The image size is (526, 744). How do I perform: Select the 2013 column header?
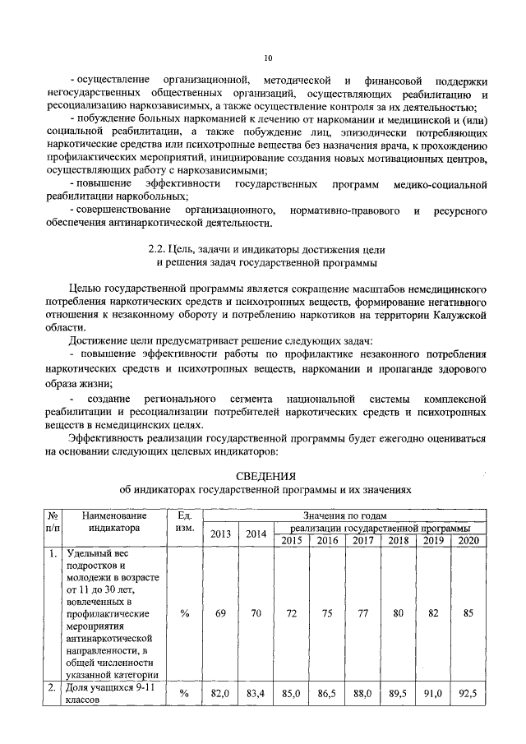(x=221, y=534)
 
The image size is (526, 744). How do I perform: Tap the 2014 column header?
(x=256, y=534)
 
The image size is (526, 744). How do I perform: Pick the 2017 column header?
(x=362, y=540)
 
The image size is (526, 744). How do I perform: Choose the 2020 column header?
(x=468, y=540)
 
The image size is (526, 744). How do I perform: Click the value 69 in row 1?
(x=220, y=613)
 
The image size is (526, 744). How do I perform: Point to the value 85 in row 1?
(x=468, y=613)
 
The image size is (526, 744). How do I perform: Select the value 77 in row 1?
(x=362, y=613)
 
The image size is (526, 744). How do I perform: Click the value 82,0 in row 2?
(x=220, y=694)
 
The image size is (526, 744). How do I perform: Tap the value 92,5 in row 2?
(x=468, y=694)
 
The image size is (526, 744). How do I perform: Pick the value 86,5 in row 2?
(x=327, y=694)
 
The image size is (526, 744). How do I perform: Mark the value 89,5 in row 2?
(x=398, y=694)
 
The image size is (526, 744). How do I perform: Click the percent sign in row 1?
(x=184, y=613)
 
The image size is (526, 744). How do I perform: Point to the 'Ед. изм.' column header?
(x=184, y=521)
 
